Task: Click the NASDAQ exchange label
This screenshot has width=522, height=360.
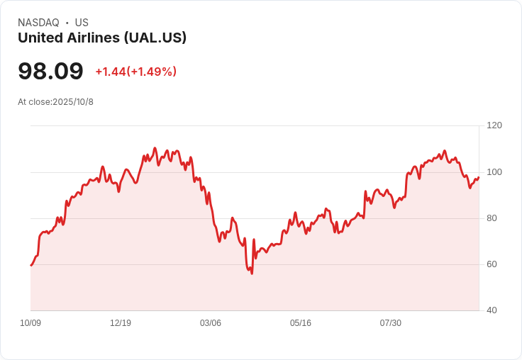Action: [x=38, y=23]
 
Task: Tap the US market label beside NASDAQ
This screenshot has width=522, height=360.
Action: [x=82, y=23]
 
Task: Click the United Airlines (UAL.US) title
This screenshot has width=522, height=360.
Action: [x=102, y=38]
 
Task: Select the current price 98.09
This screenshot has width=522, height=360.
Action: [x=50, y=71]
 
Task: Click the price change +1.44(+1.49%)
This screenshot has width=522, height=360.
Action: [x=135, y=72]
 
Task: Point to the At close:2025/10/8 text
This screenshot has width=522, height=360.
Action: [x=55, y=102]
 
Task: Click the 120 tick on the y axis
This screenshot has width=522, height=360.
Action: [x=494, y=125]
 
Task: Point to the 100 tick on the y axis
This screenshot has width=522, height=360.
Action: [x=494, y=172]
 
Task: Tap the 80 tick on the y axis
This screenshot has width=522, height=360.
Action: [x=492, y=218]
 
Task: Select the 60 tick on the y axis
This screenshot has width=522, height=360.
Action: [x=492, y=264]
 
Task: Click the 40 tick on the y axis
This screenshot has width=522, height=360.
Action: [x=492, y=310]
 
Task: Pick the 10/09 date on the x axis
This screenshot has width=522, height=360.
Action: [x=30, y=323]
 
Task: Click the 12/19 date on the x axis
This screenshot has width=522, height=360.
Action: [x=121, y=323]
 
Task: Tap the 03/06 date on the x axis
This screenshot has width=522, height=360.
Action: [x=211, y=323]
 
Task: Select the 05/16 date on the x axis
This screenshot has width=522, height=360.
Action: [x=301, y=323]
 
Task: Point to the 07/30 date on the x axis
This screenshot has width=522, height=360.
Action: [x=391, y=323]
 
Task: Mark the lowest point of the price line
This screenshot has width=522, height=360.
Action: [x=252, y=274]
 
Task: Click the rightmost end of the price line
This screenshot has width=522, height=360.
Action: [x=479, y=177]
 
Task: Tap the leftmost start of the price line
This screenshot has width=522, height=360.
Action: [x=30, y=266]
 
